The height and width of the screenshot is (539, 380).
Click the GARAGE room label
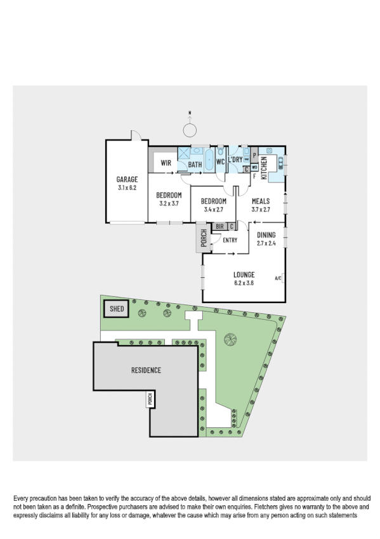127,179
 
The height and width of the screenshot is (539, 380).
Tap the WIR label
166,163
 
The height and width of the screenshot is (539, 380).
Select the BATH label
195,165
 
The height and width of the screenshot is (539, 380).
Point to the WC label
221,162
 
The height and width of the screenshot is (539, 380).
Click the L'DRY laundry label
235,160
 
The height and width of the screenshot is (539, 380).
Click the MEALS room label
261,201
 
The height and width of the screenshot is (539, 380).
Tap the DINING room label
266,235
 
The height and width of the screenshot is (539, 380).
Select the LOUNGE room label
244,275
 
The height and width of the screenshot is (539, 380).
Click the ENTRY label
229,240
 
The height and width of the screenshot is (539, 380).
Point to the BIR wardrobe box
219,226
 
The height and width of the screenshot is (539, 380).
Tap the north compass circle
190,130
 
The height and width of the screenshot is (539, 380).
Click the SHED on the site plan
116,310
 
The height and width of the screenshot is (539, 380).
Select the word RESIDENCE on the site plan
146,370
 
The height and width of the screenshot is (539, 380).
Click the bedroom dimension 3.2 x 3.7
169,203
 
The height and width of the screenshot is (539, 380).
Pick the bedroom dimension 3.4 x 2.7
213,209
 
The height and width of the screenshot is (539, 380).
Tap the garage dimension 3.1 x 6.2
127,188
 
